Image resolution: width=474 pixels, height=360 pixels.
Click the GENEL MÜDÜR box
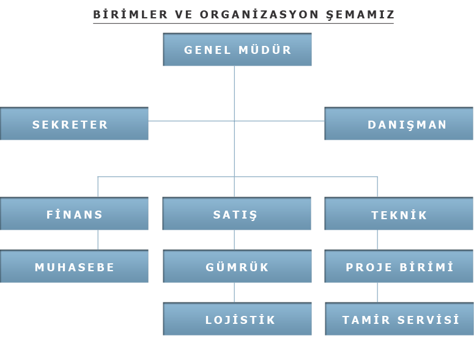237,50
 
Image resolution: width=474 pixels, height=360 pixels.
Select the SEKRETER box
74,124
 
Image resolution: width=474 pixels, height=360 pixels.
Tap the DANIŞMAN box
399,124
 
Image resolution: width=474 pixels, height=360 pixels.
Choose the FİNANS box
74,214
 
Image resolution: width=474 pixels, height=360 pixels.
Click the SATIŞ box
237,214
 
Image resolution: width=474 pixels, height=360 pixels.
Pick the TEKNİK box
399,214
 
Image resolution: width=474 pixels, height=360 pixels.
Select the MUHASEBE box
74,266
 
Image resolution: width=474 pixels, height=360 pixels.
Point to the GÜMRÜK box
237,266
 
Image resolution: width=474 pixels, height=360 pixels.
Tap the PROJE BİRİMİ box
399,266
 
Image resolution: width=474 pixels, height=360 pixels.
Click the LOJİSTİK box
237,319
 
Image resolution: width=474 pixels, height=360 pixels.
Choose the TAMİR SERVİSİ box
399,319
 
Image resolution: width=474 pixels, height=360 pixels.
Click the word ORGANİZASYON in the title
259,14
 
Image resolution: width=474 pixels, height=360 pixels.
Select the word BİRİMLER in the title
130,14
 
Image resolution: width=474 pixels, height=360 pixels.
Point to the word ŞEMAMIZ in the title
360,15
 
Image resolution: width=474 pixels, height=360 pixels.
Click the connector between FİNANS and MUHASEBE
98,240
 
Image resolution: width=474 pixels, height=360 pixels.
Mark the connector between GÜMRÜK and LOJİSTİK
234,293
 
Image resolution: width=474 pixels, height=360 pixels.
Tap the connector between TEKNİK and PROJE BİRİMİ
377,240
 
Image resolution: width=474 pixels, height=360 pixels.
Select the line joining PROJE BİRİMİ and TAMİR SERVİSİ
377,293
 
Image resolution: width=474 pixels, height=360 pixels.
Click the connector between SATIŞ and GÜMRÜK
234,240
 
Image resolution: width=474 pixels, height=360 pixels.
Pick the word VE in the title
183,14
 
